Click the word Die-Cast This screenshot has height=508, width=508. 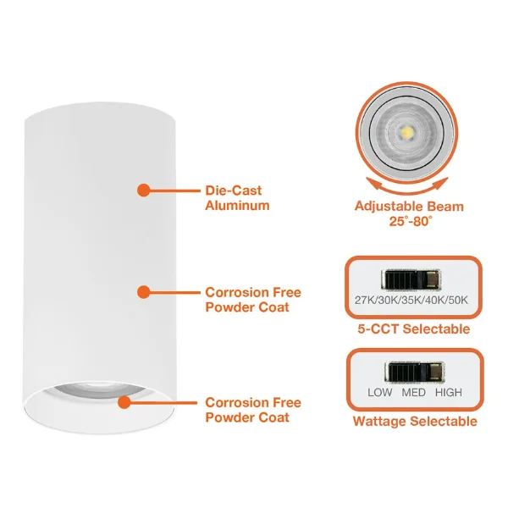coord(234,190)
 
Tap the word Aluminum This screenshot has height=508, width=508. coord(237,206)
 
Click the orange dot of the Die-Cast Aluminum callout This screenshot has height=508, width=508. coord(144,190)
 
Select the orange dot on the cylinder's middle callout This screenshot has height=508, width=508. coord(144,292)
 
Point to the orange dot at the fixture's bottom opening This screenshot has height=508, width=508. coord(124,402)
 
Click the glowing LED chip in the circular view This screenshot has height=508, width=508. coord(407,132)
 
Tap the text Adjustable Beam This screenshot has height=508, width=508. coord(409,207)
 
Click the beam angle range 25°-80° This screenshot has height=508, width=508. coord(411,221)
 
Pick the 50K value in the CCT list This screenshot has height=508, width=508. coord(458,301)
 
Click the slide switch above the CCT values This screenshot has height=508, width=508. coord(411,280)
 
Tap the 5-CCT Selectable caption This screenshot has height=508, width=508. coord(414,329)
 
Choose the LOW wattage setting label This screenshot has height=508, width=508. coord(379,392)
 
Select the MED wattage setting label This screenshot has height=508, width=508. coord(413,392)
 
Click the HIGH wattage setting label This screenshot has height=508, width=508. coord(449,392)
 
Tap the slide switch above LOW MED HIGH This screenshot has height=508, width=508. coord(414,373)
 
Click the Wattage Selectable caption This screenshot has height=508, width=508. coord(415,422)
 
